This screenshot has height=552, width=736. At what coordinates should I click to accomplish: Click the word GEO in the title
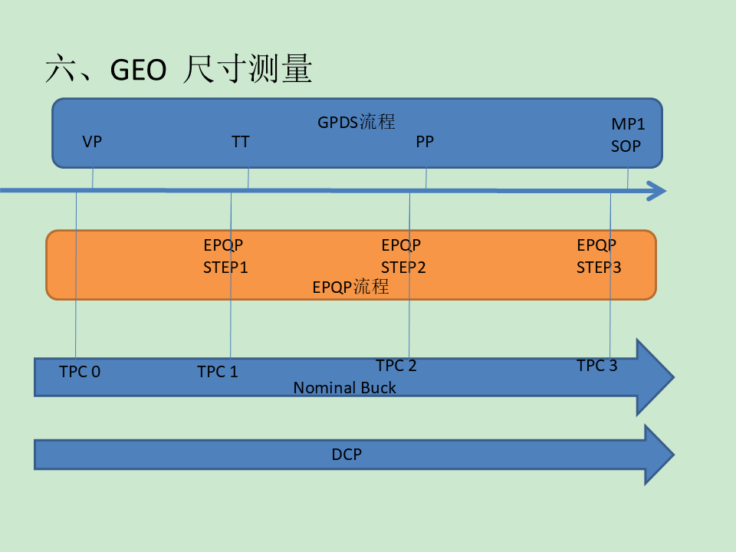click(139, 70)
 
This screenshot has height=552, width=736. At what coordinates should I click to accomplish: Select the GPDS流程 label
click(356, 122)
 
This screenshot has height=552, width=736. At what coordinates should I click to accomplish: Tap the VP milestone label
click(92, 142)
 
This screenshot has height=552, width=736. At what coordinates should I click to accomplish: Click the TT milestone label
click(240, 142)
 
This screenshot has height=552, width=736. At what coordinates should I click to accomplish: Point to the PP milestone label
click(425, 142)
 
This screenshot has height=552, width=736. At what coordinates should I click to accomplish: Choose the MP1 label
click(628, 124)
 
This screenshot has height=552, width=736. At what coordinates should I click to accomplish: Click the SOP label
click(626, 146)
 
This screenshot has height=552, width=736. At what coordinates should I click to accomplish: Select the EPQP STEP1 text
click(225, 256)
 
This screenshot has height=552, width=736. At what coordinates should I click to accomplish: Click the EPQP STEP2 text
click(403, 256)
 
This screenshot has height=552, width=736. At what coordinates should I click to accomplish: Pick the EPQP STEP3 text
click(599, 256)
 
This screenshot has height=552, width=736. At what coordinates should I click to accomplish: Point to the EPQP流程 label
click(350, 287)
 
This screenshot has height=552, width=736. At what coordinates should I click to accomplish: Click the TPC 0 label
click(80, 372)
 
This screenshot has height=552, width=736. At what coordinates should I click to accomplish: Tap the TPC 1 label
click(217, 372)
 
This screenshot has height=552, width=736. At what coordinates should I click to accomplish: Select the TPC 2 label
click(396, 366)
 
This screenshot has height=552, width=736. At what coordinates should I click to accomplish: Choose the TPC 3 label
click(597, 366)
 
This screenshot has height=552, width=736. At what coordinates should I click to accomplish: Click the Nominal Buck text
click(344, 388)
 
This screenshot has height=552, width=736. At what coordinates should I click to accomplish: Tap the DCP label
click(347, 455)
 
